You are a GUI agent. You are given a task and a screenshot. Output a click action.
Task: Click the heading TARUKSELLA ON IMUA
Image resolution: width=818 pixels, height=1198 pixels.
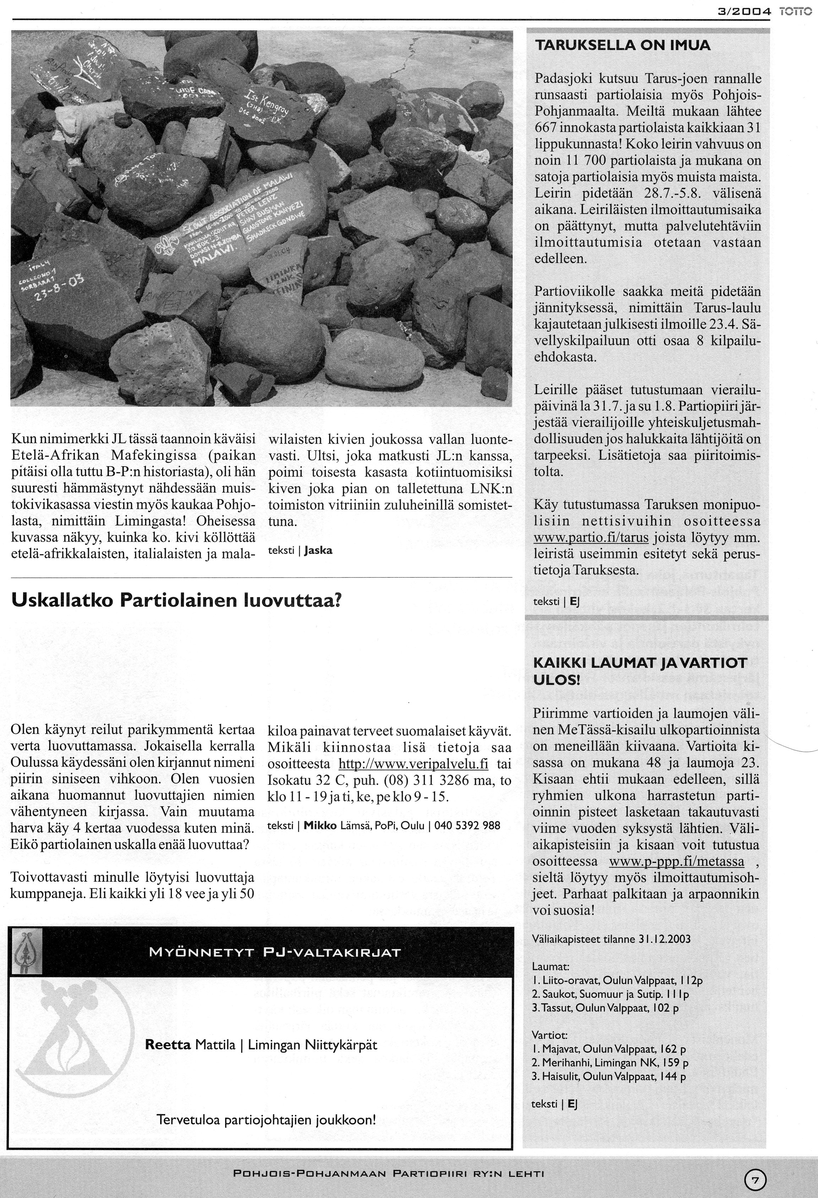[x=622, y=45]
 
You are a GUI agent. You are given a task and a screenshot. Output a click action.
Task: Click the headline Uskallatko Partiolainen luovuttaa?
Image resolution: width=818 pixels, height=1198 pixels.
[x=176, y=600]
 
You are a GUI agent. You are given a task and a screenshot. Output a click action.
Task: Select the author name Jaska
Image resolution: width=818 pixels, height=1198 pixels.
[x=318, y=550]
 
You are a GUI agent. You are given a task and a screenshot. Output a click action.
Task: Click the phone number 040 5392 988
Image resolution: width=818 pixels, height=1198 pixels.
[x=467, y=825]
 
